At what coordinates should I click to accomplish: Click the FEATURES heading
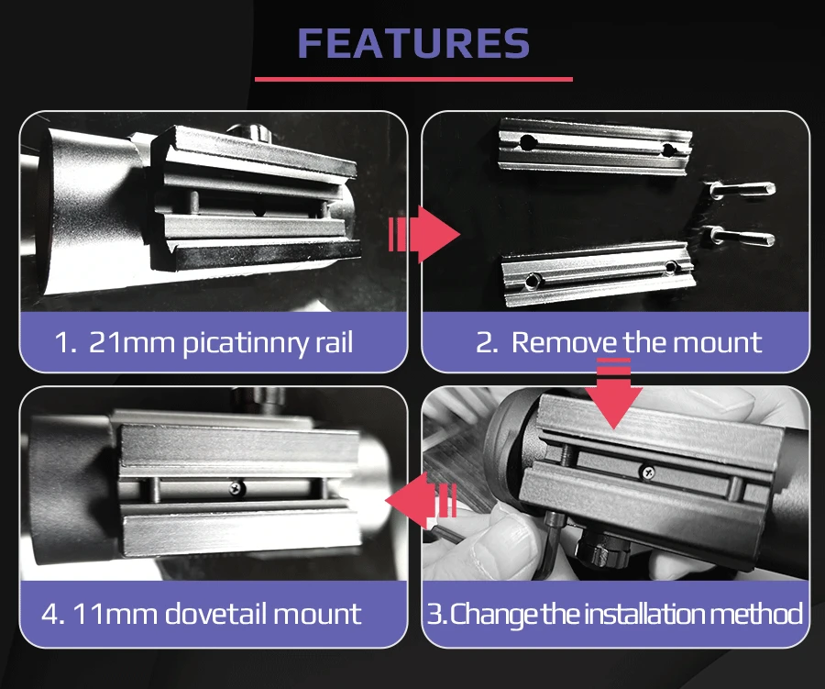(x=413, y=43)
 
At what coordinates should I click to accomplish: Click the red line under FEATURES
(x=413, y=80)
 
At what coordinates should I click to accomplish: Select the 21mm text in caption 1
(x=131, y=342)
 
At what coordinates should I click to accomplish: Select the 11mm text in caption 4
(x=115, y=614)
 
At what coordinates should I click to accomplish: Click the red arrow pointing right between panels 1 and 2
(x=424, y=235)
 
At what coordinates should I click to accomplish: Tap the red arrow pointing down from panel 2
(x=613, y=393)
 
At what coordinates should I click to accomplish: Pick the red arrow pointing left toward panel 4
(x=421, y=500)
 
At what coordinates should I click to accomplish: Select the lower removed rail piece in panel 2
(x=599, y=274)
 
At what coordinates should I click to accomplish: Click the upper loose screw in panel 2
(x=741, y=189)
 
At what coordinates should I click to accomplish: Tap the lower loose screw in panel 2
(x=740, y=237)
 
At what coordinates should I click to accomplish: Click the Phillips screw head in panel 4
(x=237, y=488)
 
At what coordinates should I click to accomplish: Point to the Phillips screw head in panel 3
(x=648, y=472)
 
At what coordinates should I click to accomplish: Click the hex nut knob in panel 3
(x=599, y=549)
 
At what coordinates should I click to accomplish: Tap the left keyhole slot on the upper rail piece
(x=528, y=141)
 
